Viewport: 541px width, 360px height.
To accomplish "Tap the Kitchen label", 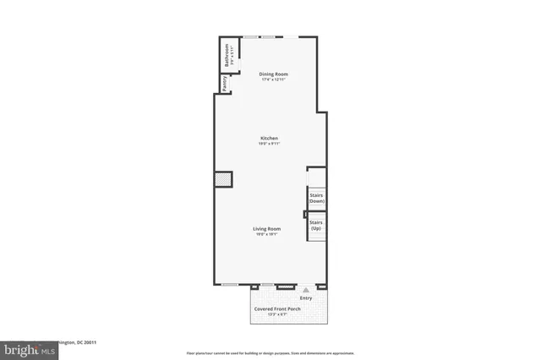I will [270, 138].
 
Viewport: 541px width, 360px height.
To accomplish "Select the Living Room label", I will [267, 228].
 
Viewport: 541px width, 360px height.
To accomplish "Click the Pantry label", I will [224, 84].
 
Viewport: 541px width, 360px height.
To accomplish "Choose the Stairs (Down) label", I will [316, 199].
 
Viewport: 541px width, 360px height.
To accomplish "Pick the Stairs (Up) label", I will [316, 226].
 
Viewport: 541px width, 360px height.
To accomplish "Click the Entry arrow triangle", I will [306, 289].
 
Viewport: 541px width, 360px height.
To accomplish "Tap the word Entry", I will [306, 297].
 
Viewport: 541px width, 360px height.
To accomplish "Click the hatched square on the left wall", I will [222, 180].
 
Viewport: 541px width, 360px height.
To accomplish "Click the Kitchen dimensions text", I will [270, 144].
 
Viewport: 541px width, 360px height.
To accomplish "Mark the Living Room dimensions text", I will [267, 234].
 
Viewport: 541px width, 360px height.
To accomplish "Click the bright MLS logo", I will [25, 347].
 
